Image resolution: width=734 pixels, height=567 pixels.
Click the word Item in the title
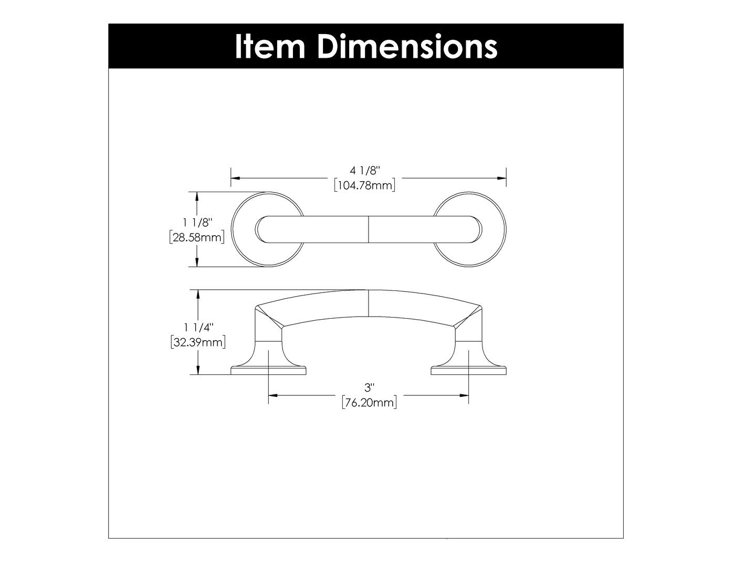(x=269, y=46)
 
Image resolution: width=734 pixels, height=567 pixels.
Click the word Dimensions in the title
(x=407, y=46)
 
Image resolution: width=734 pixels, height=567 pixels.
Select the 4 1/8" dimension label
(x=364, y=170)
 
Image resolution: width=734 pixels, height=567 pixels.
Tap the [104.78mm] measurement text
(x=364, y=185)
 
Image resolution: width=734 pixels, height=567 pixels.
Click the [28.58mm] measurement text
(x=197, y=237)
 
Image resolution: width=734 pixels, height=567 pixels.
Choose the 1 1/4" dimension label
(x=198, y=328)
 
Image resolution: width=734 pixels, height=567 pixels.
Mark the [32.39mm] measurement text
(x=198, y=342)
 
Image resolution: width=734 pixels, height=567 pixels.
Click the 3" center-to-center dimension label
(x=369, y=387)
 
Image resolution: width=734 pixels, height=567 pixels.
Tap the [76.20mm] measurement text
(x=369, y=403)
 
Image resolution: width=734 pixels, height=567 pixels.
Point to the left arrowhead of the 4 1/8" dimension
(x=235, y=178)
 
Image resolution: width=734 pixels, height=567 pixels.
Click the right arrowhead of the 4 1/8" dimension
(x=502, y=178)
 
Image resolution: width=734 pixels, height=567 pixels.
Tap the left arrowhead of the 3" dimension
(x=272, y=395)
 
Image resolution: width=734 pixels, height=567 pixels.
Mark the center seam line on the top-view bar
(x=369, y=229)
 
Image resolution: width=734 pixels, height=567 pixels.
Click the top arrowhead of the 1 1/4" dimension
(x=197, y=294)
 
